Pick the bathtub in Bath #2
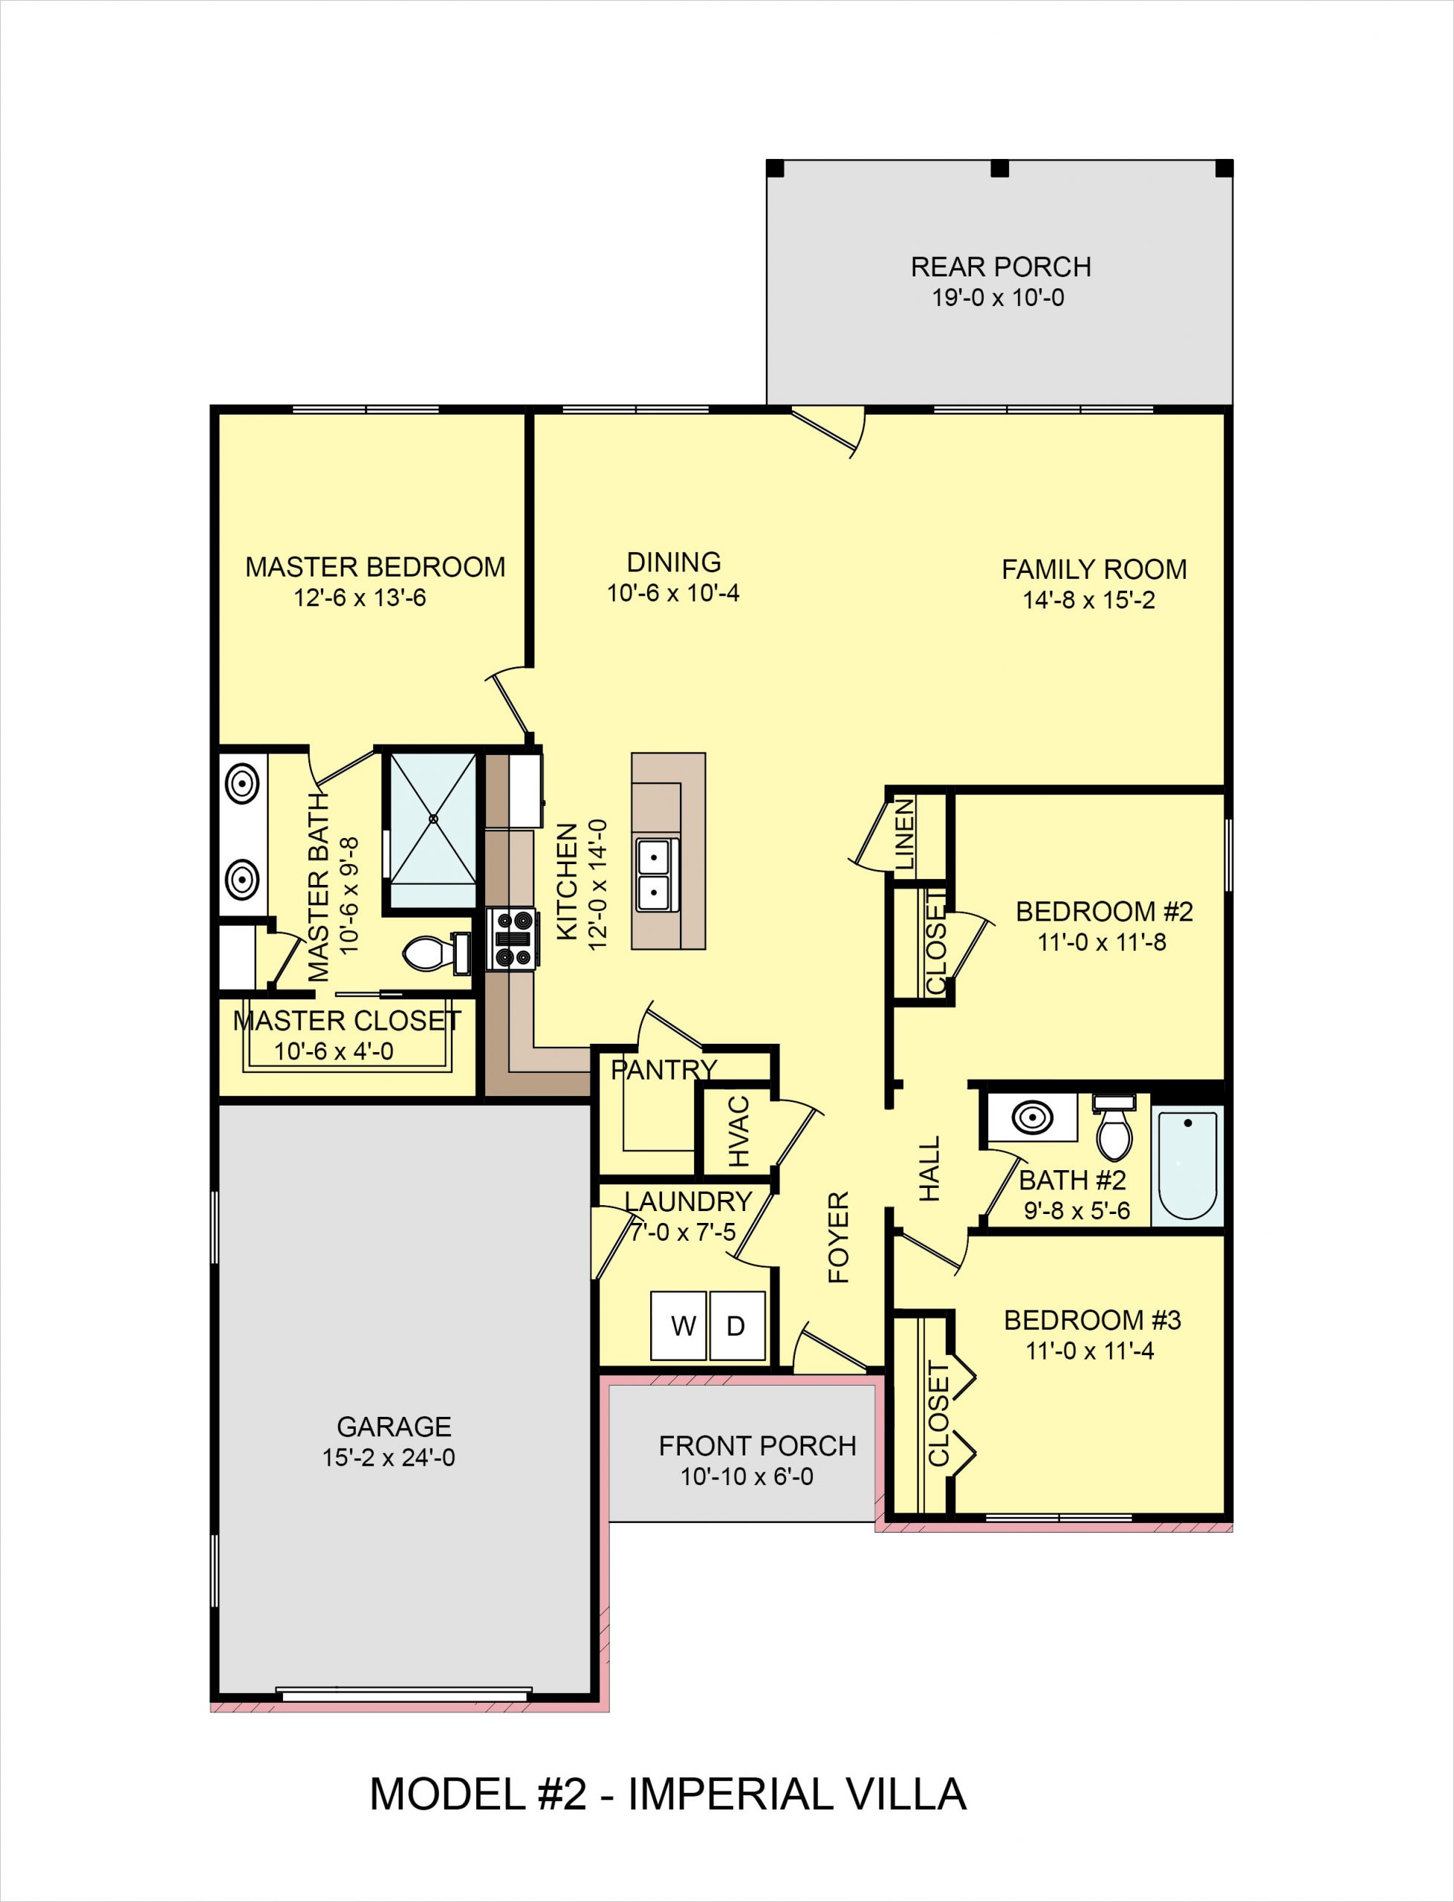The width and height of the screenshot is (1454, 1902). (x=1187, y=1165)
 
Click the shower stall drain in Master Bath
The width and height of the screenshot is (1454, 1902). (x=434, y=819)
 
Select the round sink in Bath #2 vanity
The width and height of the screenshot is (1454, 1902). (x=1033, y=1118)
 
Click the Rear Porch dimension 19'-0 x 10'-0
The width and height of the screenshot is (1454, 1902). (x=998, y=298)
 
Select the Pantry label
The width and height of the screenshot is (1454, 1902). (x=663, y=1071)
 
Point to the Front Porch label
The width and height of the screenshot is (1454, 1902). (x=757, y=1446)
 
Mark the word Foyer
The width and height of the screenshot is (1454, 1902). (x=839, y=1238)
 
